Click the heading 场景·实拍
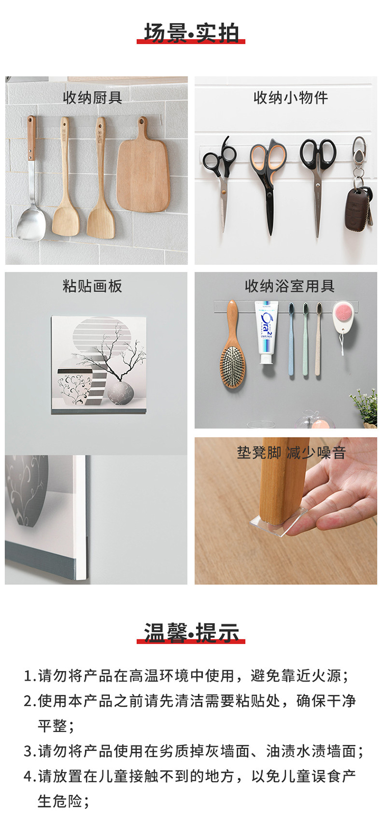(191, 33)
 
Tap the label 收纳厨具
(92, 98)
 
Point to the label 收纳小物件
(291, 98)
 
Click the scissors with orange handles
(268, 181)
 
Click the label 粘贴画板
(92, 286)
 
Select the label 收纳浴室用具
(290, 286)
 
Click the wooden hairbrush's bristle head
(233, 366)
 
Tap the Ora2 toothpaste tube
(266, 332)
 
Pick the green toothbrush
(305, 339)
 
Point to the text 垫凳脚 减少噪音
(291, 453)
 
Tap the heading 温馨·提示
(191, 632)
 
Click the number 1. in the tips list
(30, 676)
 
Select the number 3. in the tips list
(30, 752)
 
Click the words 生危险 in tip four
(60, 801)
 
